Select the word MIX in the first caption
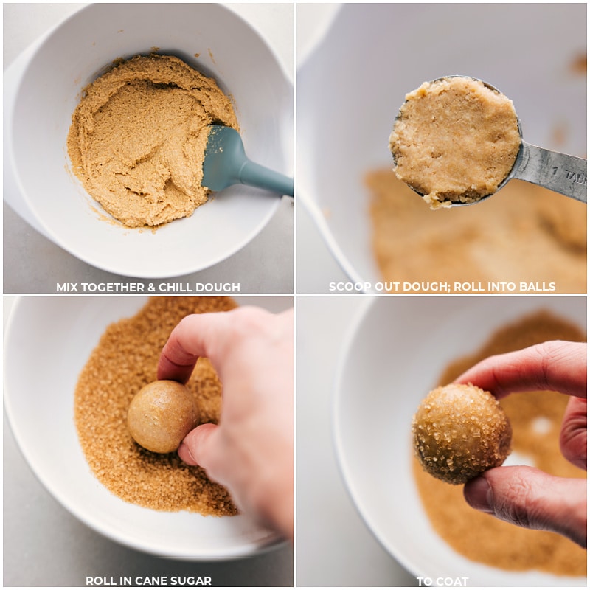click(69, 287)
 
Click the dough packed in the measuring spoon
click(454, 140)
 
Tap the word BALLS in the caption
click(537, 287)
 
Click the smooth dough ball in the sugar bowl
click(162, 416)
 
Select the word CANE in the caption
click(164, 581)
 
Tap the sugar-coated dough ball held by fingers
click(462, 433)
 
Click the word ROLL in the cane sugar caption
click(101, 581)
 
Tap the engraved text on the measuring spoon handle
click(572, 175)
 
